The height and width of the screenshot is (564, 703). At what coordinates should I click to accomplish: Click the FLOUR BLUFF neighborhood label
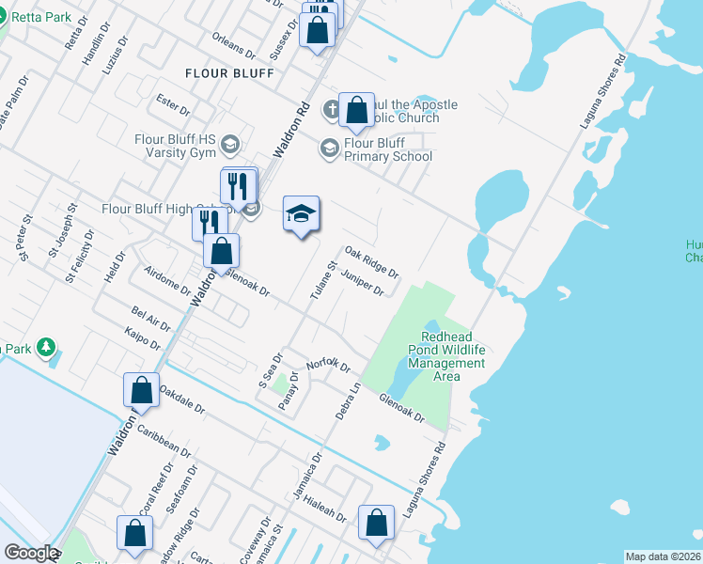point(229,72)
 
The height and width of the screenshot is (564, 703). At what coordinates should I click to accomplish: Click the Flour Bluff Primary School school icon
point(329,149)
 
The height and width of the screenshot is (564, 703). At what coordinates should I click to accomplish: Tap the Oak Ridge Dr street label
point(372,261)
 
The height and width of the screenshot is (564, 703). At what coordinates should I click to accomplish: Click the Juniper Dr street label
point(364,283)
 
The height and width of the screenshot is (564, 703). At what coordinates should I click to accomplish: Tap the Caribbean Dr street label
point(158,440)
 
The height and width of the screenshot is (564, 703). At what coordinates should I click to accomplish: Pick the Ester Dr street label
point(174,102)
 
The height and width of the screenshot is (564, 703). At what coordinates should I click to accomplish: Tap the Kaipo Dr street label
point(142,338)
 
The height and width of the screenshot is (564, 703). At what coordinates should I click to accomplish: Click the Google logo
point(31,553)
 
